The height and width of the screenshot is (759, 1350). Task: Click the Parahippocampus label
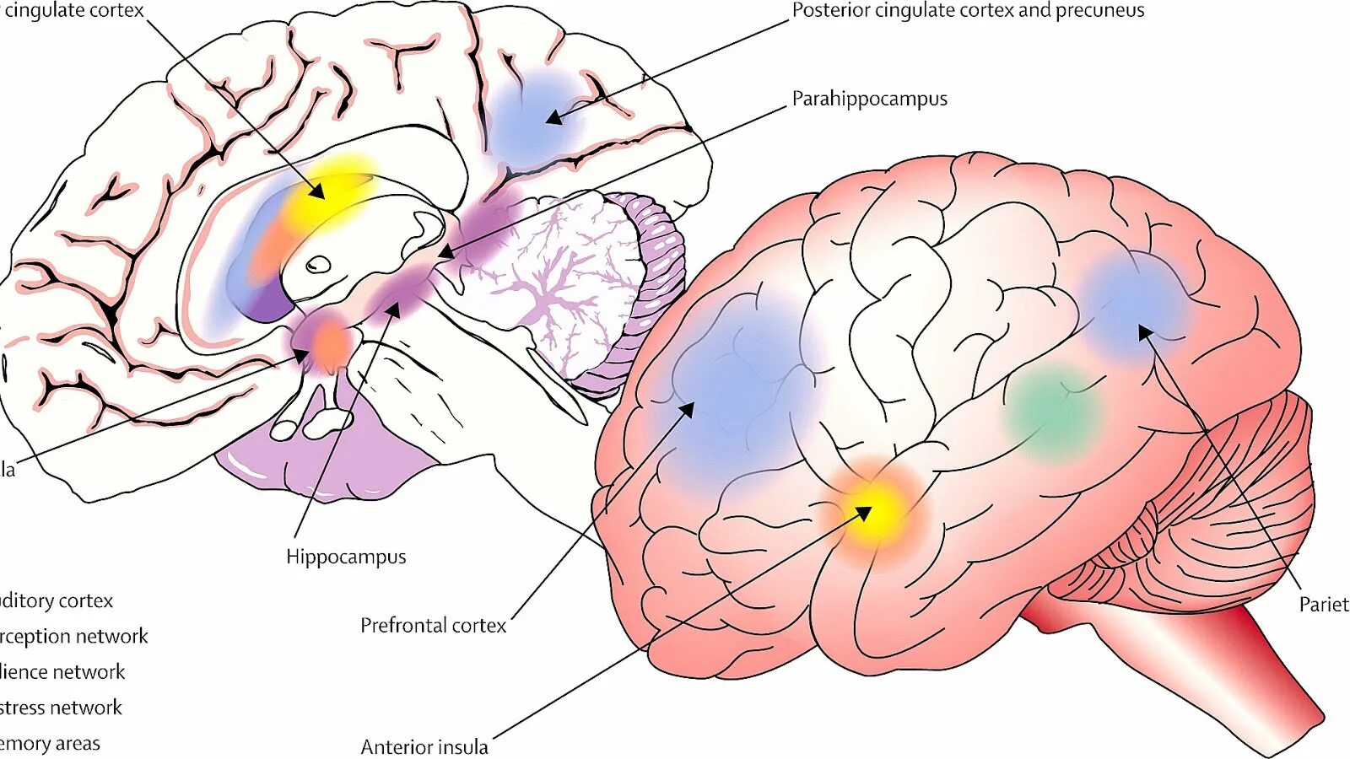pos(869,99)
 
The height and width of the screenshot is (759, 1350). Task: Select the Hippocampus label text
pos(346,557)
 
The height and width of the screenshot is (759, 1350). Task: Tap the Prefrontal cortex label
pos(433,625)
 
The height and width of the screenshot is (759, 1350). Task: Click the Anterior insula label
pos(424,746)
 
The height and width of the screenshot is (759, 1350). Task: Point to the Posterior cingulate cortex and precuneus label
pos(968,11)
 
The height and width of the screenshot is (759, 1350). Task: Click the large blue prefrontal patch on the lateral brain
pos(734,396)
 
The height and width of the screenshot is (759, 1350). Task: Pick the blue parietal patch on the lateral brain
pos(1135,304)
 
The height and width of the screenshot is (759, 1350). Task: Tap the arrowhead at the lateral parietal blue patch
pos(1144,332)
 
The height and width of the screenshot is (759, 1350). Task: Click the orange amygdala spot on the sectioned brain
pos(332,342)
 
